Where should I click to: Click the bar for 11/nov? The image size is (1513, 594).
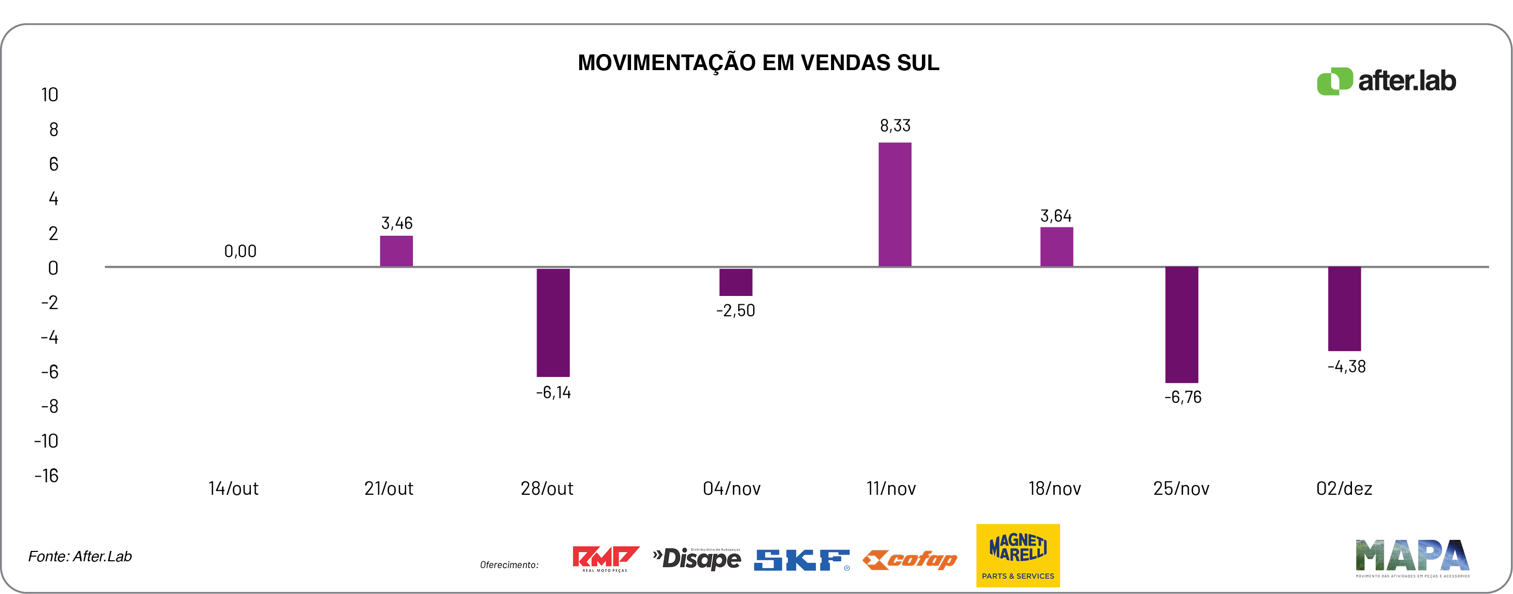pos(894,204)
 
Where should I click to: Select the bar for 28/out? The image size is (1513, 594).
pos(553,322)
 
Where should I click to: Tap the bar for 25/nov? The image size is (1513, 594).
pos(1181,325)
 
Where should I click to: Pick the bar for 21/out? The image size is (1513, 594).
pos(396,251)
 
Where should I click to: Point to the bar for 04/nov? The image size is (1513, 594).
pos(735,282)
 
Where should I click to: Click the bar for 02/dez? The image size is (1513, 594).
pos(1344,309)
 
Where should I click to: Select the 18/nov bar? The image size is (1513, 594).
pos(1056,247)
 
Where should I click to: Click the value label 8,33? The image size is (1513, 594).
pos(894,126)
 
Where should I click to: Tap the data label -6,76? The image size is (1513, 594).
pos(1182,397)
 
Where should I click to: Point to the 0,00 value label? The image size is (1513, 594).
pos(240,251)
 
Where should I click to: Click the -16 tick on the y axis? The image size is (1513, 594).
pos(46,476)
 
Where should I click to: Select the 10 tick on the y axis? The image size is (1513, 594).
pos(49,95)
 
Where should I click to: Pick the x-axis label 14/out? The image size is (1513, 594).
pos(233,489)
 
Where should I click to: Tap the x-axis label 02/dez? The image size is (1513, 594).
pos(1344,489)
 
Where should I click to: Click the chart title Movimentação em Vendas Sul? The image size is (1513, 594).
pos(758,63)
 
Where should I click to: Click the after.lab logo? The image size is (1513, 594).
pos(1386,81)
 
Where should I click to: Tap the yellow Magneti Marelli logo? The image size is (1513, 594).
pos(1018,555)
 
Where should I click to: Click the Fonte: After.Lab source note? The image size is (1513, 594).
pos(80,557)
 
